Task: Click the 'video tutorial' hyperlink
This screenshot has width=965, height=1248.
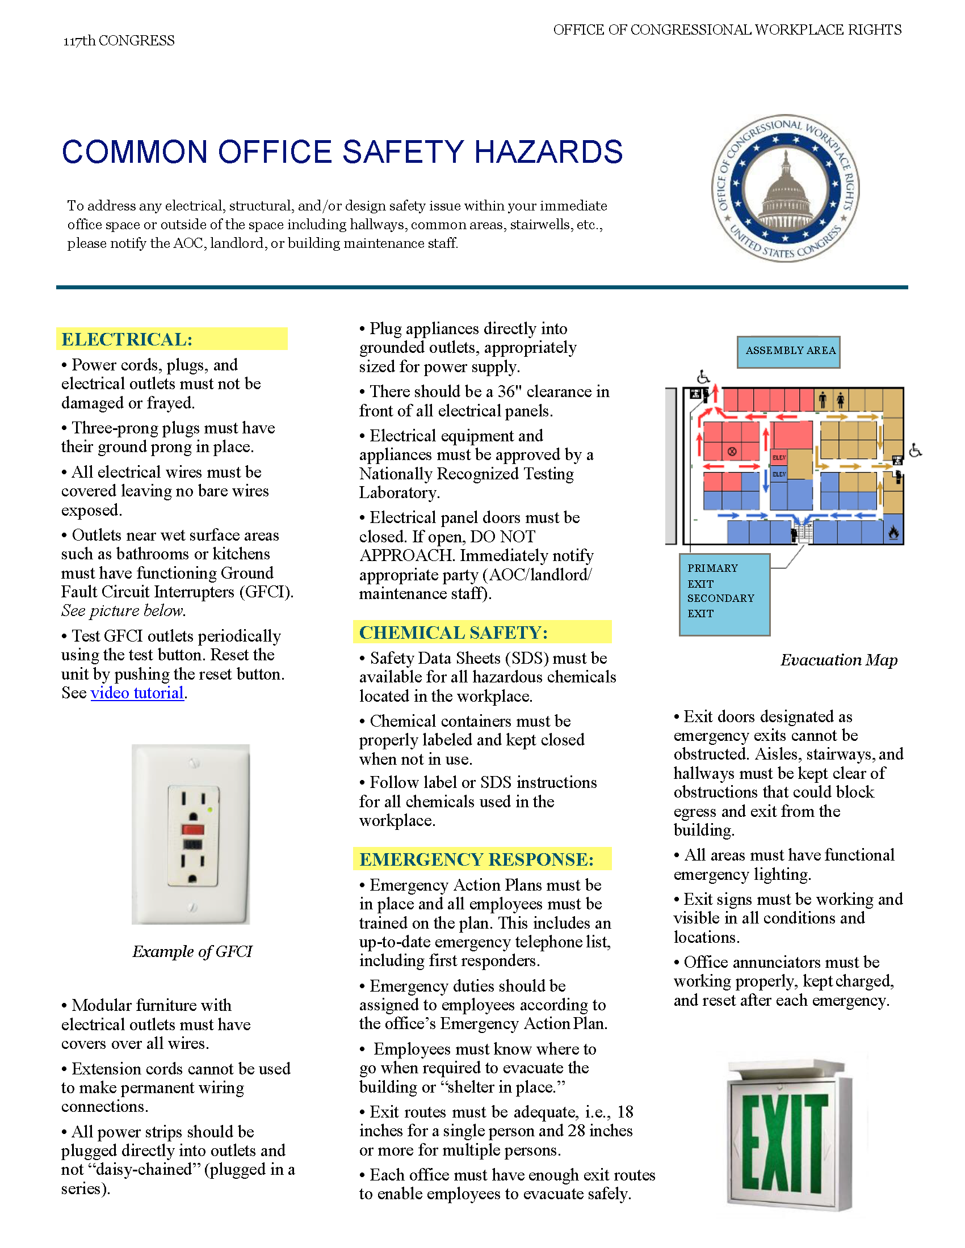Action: coord(137,693)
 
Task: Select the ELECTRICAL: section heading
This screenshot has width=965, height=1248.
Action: coord(127,339)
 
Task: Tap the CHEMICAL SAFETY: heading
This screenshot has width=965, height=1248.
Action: coord(454,633)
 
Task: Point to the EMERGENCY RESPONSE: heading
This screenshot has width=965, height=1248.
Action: coord(476,859)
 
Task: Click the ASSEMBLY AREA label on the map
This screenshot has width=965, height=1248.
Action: coord(790,351)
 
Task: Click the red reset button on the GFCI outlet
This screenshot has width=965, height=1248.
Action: coord(192,829)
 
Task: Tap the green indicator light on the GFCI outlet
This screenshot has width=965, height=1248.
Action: coord(211,809)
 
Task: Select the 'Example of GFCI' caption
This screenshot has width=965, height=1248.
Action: coord(192,951)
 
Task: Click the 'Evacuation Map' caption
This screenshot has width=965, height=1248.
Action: coord(838,660)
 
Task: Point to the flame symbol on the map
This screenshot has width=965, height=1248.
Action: coord(893,533)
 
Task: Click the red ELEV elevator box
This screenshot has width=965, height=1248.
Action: coord(779,458)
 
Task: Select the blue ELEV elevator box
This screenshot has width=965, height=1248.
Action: coord(779,474)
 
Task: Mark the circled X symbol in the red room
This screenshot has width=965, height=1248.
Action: coord(732,452)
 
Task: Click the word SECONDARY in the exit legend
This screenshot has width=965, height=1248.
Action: coord(720,598)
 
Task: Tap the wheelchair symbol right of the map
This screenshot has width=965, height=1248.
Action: coord(915,451)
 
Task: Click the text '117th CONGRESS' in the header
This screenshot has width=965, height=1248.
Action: coord(119,41)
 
